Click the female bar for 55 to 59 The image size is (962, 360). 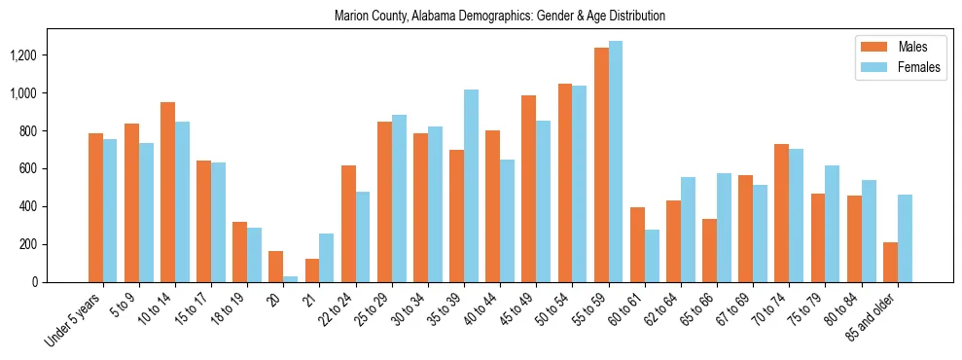616,162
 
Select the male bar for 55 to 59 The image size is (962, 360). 601,165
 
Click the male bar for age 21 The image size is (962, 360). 312,270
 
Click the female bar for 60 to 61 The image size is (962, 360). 652,256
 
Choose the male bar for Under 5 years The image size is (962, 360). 95,208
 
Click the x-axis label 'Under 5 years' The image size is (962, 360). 74,320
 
